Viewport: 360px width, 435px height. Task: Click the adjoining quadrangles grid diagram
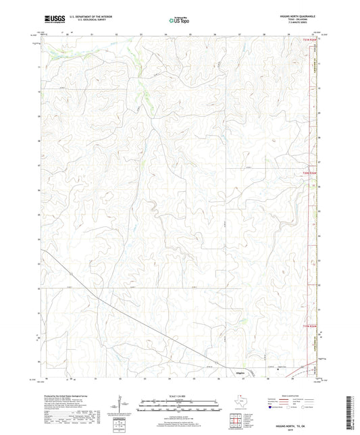click(x=236, y=423)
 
